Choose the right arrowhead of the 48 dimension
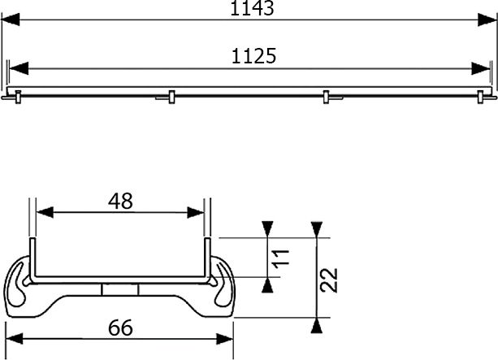point(197,212)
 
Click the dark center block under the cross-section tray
point(120,290)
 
